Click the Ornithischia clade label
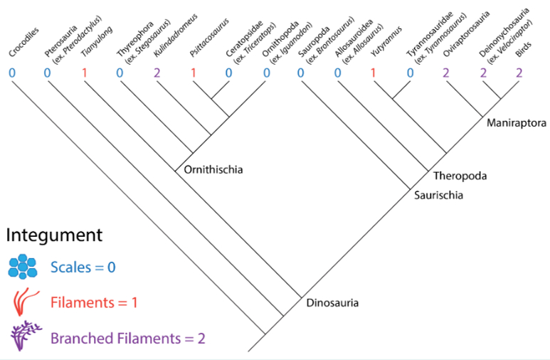click(213, 169)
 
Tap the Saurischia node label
click(439, 193)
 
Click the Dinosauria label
click(332, 303)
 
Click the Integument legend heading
click(55, 234)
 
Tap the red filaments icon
click(23, 301)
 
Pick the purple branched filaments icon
click(23, 335)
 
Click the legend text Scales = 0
click(83, 268)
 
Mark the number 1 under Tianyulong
click(84, 73)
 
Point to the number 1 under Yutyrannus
click(373, 73)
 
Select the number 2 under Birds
click(519, 73)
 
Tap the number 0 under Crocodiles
click(12, 73)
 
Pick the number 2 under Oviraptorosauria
click(445, 73)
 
